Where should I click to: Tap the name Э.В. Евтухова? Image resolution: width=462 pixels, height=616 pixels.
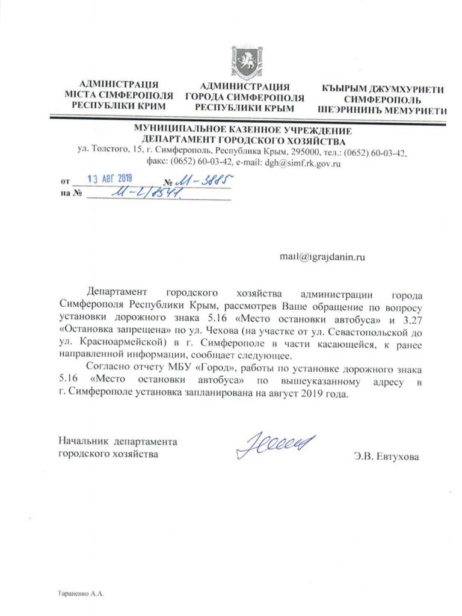(386, 456)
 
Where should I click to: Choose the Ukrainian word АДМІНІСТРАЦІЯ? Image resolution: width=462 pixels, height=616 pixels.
(119, 84)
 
